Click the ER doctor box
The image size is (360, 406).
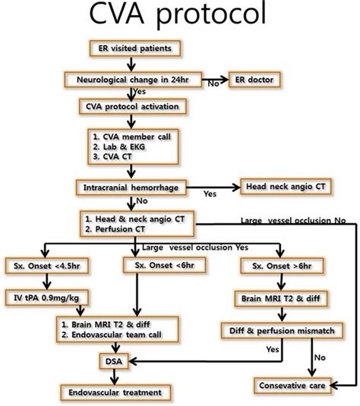tap(259, 79)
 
